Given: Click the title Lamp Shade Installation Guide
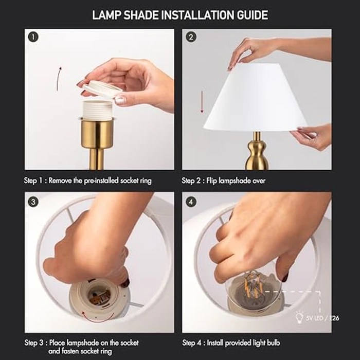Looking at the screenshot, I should point(180,15).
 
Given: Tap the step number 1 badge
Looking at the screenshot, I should point(33,38).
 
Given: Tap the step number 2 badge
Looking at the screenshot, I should point(191,38).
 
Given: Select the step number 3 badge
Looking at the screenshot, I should point(33,202).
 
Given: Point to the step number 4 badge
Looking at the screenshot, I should point(191,202).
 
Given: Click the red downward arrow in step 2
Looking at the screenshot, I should point(202,102).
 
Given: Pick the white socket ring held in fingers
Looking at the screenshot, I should point(102,89).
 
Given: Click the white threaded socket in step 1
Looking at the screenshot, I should point(97,110).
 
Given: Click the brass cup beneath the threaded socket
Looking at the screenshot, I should point(97,133).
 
